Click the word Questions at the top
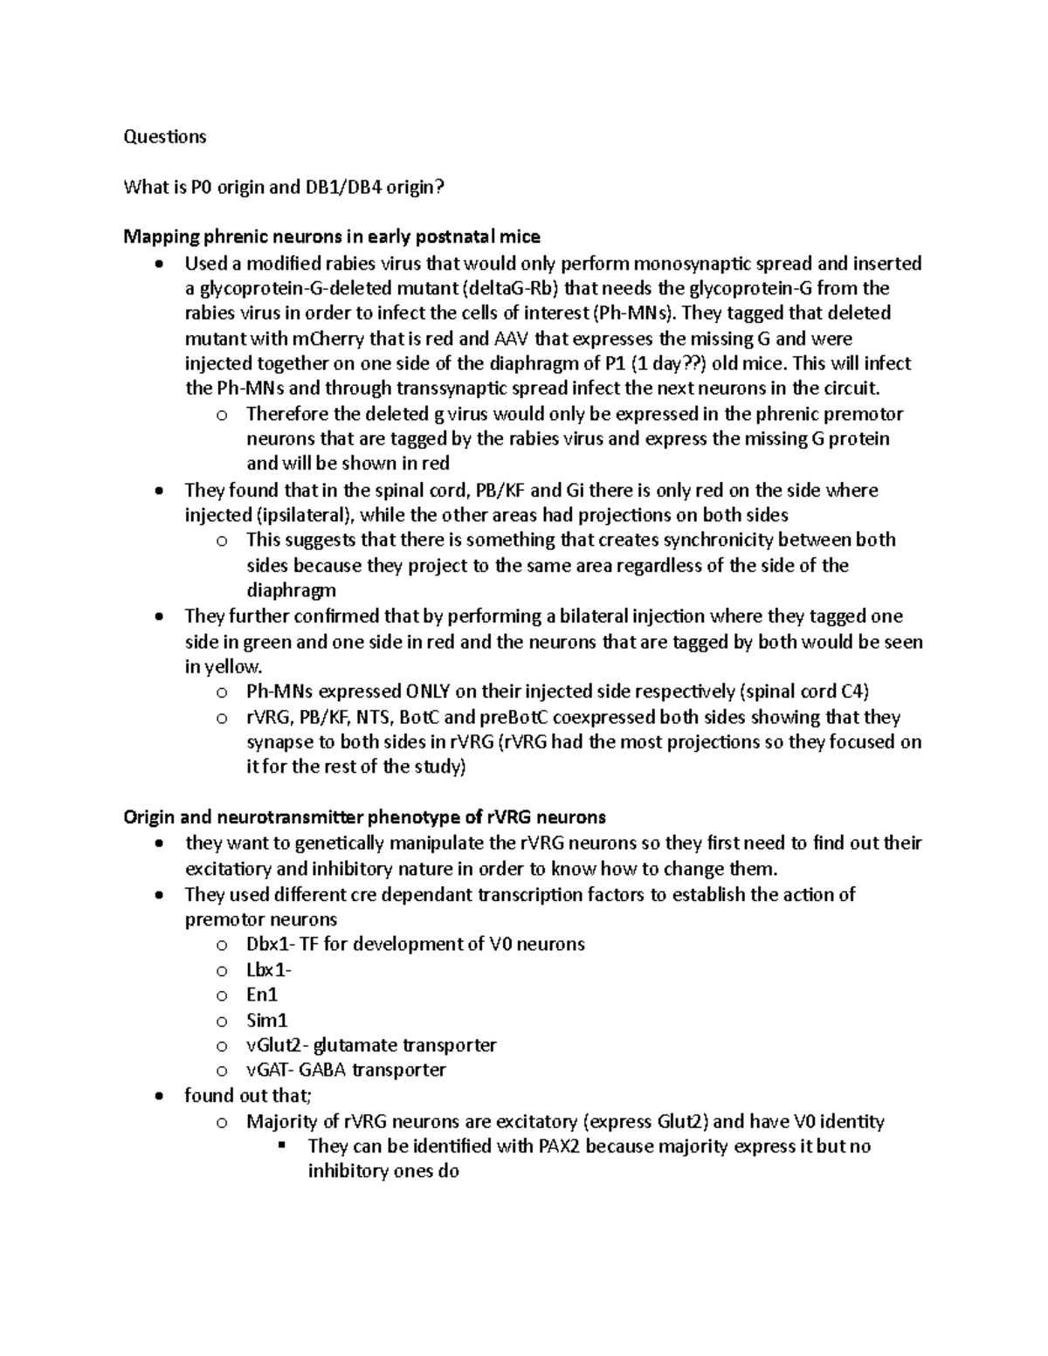tap(165, 136)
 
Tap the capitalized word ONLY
tap(428, 692)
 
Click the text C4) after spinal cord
tap(855, 692)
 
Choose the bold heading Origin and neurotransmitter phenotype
tap(364, 818)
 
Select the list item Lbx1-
tap(269, 970)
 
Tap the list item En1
tap(262, 995)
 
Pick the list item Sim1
tap(266, 1021)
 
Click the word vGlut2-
tap(277, 1045)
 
